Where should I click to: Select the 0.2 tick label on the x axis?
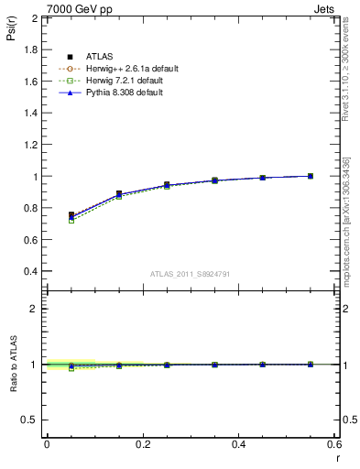(x=142, y=444)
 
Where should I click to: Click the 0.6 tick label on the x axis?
(x=335, y=444)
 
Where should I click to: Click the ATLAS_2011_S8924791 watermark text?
(x=191, y=274)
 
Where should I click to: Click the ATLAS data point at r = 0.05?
(x=71, y=214)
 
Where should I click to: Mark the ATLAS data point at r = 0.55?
(x=311, y=176)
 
